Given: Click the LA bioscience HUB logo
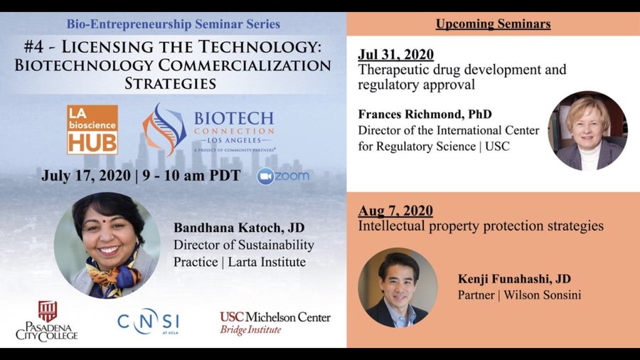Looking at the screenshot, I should [92, 129].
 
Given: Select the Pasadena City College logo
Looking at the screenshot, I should [47, 321].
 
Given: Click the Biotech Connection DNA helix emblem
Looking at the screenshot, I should [164, 129].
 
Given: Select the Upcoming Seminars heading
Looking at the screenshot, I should [493, 24].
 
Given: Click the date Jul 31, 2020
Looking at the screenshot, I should [396, 55].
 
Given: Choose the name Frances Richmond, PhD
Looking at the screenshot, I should [425, 115].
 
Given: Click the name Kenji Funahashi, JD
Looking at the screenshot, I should [514, 279].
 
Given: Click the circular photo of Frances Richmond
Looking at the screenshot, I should [587, 130].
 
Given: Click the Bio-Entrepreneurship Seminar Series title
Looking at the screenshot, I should [173, 23].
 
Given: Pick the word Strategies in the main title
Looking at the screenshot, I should [170, 83].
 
